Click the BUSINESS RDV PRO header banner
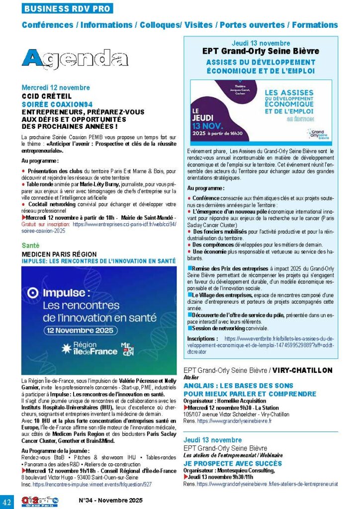pos(68,8)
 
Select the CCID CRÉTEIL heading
pos(47,96)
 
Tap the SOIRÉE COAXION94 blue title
pos(58,104)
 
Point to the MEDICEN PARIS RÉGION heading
pos(59,254)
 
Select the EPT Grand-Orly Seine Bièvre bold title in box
pos(261,51)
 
